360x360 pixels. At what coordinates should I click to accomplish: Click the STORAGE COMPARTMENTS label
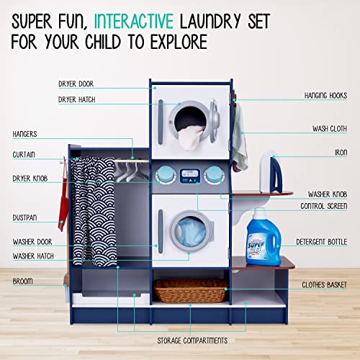click(x=192, y=339)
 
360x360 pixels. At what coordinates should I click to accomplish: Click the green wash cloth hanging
click(x=240, y=144)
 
